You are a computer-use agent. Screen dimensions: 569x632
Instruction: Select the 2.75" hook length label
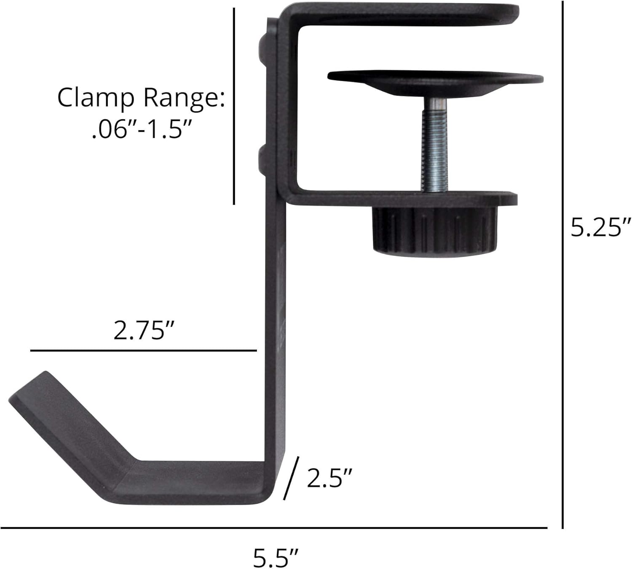point(144,330)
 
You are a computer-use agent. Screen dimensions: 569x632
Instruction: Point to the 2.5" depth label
point(329,478)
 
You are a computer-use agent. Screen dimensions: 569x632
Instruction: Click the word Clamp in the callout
point(96,98)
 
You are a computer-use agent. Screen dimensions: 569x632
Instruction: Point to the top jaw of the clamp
point(404,15)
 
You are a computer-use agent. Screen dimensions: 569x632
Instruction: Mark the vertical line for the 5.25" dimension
point(563,265)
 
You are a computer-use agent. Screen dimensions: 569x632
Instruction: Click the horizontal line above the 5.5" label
point(274,527)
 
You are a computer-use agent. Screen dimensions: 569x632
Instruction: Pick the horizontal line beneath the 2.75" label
point(143,350)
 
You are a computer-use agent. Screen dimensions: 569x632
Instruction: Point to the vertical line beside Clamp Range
point(234,105)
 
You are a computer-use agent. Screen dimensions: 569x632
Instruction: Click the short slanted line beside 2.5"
point(292,478)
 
